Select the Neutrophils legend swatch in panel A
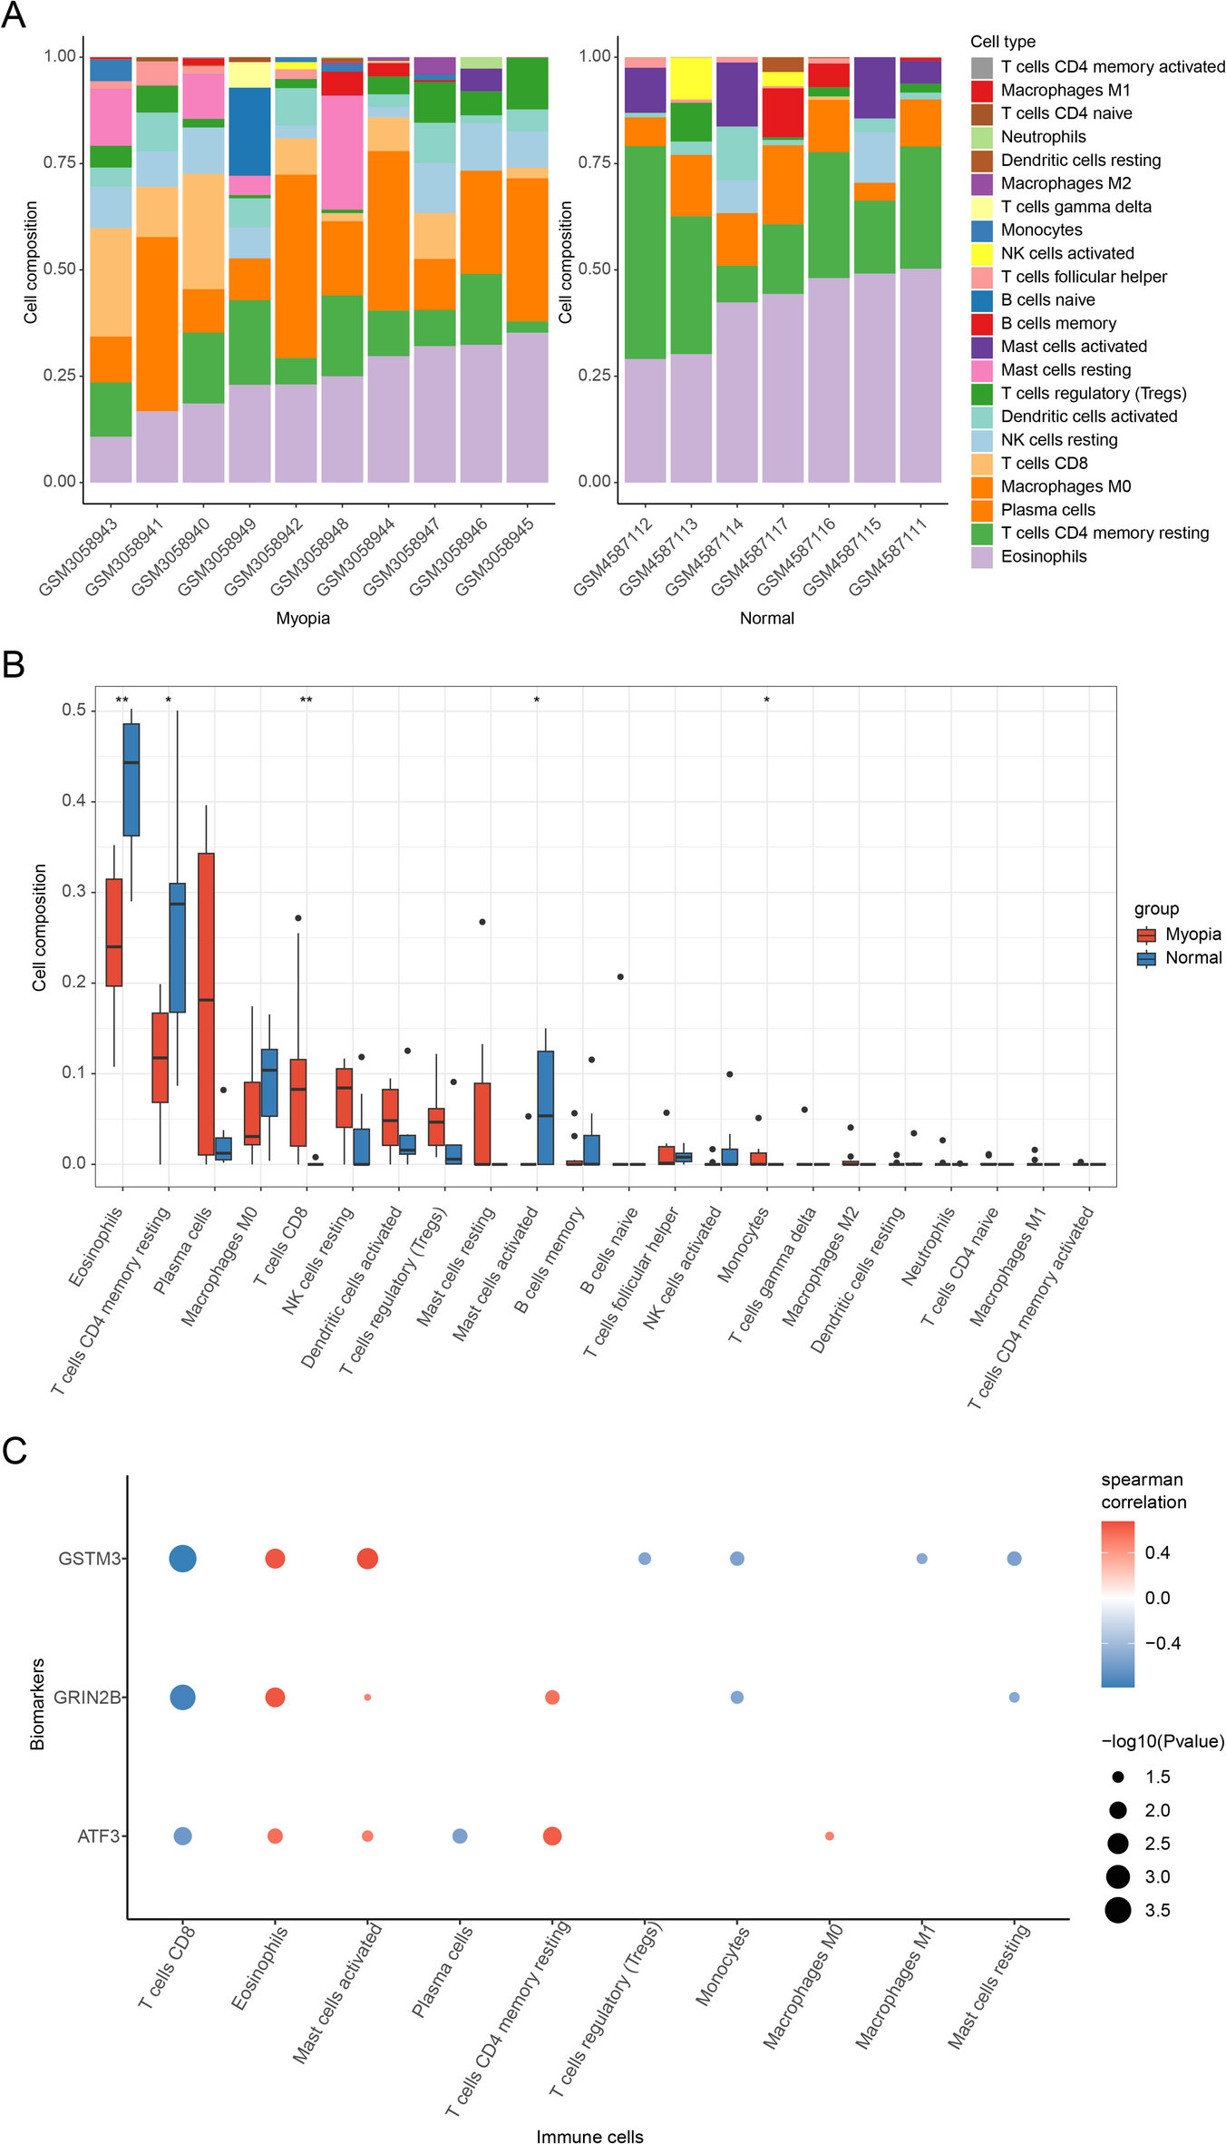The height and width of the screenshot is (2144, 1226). (981, 137)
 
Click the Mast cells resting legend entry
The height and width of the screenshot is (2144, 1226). (1065, 370)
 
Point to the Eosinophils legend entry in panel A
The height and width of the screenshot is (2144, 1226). (1043, 556)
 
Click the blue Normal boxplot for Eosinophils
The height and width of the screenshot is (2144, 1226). (131, 779)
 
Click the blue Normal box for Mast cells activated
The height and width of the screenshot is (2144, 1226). (545, 1107)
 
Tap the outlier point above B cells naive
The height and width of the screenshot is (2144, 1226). (620, 977)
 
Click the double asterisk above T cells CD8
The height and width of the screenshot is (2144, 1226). (306, 700)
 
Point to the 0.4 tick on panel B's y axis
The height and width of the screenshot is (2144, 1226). (73, 800)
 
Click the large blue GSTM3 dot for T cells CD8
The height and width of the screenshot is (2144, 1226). (182, 1559)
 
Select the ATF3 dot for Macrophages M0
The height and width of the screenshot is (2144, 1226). (829, 1836)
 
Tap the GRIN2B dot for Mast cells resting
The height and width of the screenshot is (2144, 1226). (1014, 1698)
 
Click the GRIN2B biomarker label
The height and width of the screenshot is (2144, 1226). (87, 1698)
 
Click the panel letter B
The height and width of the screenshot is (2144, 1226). (14, 665)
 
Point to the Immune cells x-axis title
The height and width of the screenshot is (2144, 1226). (589, 2137)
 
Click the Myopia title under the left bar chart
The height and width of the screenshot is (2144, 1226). (303, 618)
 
